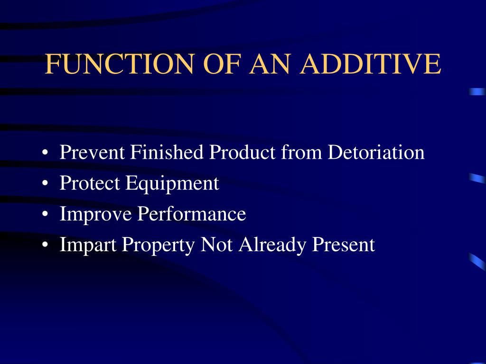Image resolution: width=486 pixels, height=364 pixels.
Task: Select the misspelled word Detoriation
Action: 376,153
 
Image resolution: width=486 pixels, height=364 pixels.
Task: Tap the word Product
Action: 243,153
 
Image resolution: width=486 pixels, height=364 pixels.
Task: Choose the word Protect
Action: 90,183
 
